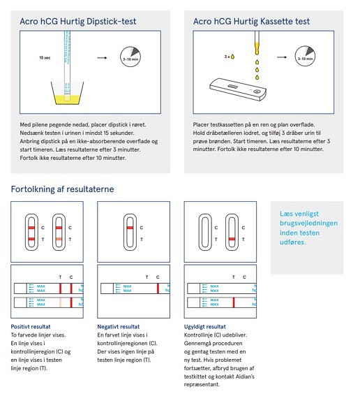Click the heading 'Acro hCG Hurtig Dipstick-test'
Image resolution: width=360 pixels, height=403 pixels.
(x=78, y=22)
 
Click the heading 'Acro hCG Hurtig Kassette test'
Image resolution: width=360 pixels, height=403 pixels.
(x=251, y=22)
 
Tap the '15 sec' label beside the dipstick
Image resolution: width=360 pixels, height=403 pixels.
(x=45, y=58)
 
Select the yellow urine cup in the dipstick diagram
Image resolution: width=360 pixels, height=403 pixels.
(x=67, y=93)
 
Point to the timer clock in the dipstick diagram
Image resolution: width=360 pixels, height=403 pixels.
(x=130, y=57)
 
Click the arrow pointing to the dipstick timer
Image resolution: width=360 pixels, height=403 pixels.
(x=102, y=58)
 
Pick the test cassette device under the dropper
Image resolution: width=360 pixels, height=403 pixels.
(x=238, y=89)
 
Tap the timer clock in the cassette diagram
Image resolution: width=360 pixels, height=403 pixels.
(x=305, y=57)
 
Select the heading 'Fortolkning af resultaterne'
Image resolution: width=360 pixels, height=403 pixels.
(x=62, y=189)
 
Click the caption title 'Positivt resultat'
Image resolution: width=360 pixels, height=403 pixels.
(x=31, y=327)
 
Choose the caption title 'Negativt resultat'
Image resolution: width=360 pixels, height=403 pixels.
(x=119, y=327)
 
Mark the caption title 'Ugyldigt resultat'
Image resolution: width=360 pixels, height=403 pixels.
(x=205, y=327)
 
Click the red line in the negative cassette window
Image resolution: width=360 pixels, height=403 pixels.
(x=130, y=228)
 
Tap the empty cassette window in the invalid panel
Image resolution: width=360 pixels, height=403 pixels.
(x=205, y=232)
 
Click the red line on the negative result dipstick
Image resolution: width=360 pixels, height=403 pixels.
(x=158, y=288)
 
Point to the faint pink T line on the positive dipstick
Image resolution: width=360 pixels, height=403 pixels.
(x=60, y=302)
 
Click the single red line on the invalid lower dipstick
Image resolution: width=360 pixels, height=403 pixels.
(x=234, y=302)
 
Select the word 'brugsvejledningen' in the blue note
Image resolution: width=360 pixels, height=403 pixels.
(x=308, y=223)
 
